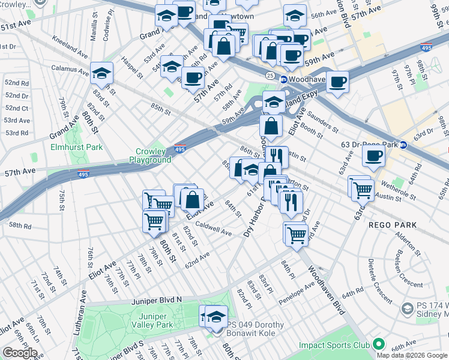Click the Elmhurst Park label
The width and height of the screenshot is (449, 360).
coord(76,147)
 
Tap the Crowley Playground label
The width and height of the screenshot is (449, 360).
coord(150,156)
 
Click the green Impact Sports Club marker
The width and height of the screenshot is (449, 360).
coord(378,344)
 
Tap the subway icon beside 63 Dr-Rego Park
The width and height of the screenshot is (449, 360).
coord(404,145)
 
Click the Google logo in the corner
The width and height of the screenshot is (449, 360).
coord(20,352)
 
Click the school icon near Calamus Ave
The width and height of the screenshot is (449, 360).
coord(102,73)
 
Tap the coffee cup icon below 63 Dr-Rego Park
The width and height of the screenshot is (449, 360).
coord(373,157)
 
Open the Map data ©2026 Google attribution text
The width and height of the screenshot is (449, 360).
coord(412,355)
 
